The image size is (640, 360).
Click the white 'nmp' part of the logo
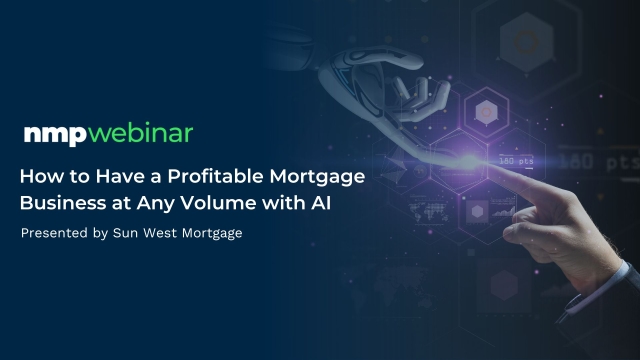click(x=55, y=135)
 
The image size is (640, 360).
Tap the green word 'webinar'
click(x=140, y=133)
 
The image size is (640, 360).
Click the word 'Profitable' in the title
click(x=216, y=176)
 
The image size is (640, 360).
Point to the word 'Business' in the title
click(x=63, y=203)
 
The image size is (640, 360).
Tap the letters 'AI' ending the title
click(x=321, y=203)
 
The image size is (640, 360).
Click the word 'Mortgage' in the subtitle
click(x=212, y=234)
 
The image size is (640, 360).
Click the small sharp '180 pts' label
click(x=516, y=161)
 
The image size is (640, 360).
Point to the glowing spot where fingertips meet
click(x=469, y=160)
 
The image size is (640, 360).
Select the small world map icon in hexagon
click(x=429, y=211)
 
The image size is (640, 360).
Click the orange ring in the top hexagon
click(x=527, y=42)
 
